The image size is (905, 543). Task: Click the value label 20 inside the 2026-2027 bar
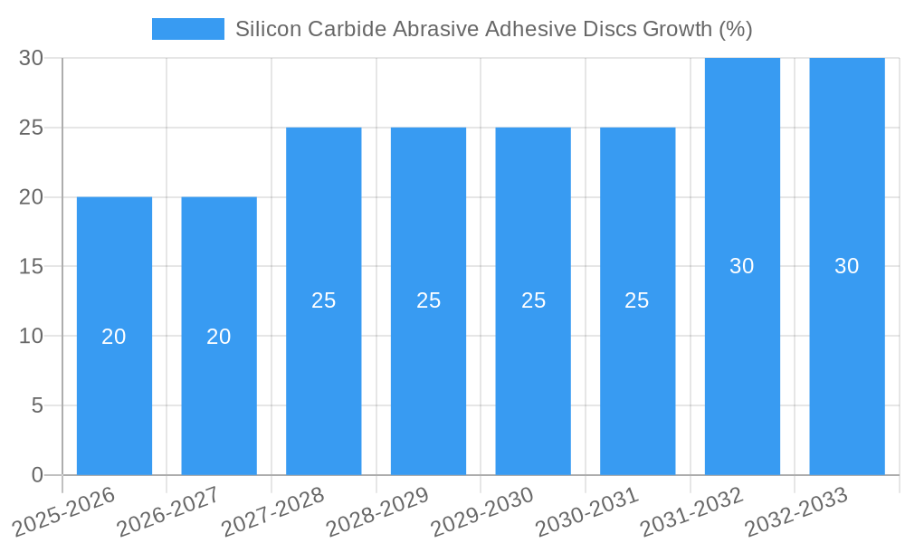[219, 337]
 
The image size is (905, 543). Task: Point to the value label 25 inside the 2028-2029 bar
[429, 300]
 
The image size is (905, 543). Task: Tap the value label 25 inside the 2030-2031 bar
[637, 300]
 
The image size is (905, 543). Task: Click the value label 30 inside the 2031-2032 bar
[742, 266]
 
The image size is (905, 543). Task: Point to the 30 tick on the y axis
[31, 58]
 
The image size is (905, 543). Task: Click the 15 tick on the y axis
[31, 266]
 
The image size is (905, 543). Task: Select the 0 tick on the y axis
[37, 475]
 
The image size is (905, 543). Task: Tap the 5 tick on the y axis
[37, 405]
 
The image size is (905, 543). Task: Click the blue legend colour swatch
[187, 29]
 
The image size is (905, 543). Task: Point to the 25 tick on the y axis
[31, 128]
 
